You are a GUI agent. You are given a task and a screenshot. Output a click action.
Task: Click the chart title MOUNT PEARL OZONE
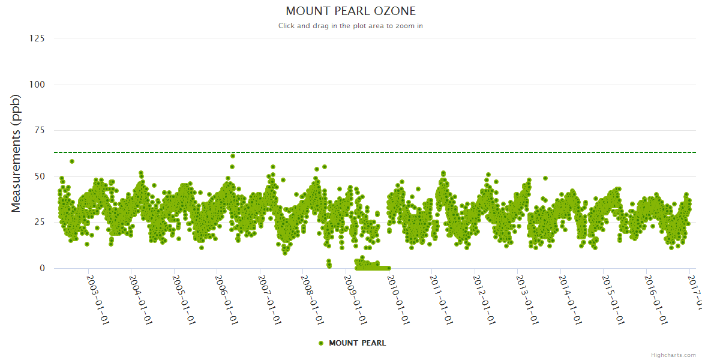pyautogui.click(x=350, y=11)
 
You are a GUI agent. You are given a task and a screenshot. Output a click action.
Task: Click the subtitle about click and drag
pyautogui.click(x=350, y=26)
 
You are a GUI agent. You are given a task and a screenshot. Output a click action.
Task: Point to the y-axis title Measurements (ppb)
pyautogui.click(x=16, y=153)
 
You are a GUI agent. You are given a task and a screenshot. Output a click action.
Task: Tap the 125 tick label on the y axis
pyautogui.click(x=37, y=38)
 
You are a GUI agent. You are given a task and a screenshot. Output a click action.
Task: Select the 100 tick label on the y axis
pyautogui.click(x=37, y=85)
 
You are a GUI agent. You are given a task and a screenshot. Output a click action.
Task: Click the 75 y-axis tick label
pyautogui.click(x=40, y=130)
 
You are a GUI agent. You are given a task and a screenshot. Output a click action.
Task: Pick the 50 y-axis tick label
pyautogui.click(x=40, y=176)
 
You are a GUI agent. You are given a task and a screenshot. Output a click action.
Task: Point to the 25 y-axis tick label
pyautogui.click(x=40, y=223)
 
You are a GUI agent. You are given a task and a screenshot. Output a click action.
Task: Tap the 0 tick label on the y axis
pyautogui.click(x=42, y=268)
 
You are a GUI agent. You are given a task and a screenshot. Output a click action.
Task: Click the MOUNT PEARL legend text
pyautogui.click(x=358, y=343)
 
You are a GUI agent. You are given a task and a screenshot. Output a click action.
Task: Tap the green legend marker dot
pyautogui.click(x=321, y=343)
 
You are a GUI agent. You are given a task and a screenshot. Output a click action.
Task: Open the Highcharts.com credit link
pyautogui.click(x=673, y=355)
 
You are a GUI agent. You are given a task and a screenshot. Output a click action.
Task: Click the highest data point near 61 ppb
pyautogui.click(x=233, y=156)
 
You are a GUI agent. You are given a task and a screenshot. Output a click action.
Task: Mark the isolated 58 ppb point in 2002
pyautogui.click(x=72, y=161)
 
